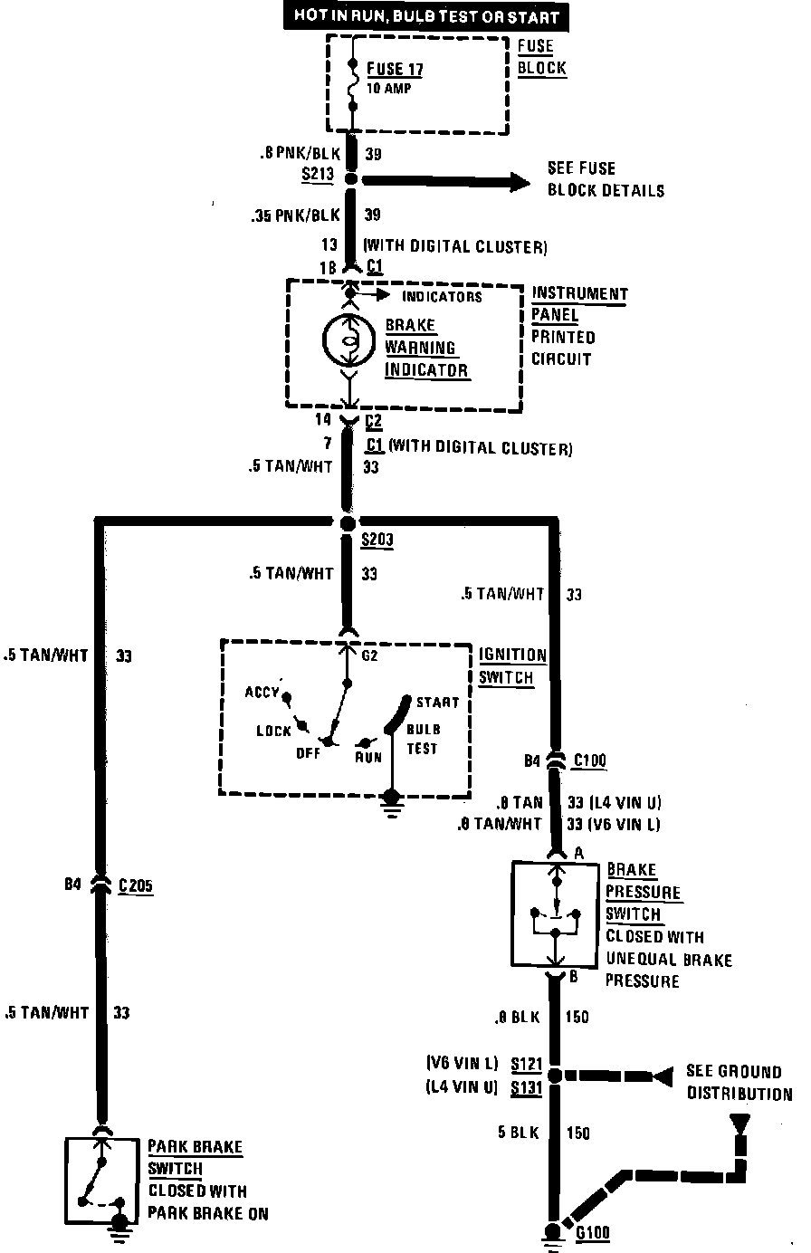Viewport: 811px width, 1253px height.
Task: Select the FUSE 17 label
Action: pos(395,70)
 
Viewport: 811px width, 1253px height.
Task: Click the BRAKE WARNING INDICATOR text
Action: pos(426,348)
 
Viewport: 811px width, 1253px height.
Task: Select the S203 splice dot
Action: pos(348,524)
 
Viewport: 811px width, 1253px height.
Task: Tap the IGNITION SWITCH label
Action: pos(512,665)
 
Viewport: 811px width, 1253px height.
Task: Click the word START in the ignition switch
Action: pos(437,702)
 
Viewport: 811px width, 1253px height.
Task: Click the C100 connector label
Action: pos(589,761)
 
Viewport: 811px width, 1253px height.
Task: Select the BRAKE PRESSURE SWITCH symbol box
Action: pos(555,914)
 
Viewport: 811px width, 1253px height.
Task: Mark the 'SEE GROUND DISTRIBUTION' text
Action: pos(739,1083)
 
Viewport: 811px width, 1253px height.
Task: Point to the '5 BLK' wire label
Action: pos(519,1133)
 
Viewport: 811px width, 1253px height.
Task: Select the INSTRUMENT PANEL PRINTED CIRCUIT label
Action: pos(579,326)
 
